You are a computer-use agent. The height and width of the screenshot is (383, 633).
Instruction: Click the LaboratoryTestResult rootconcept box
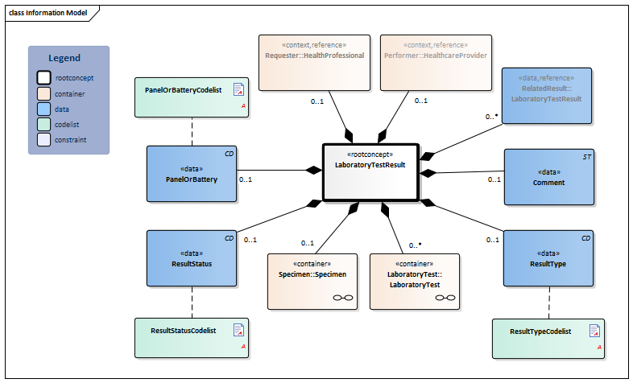[x=370, y=171]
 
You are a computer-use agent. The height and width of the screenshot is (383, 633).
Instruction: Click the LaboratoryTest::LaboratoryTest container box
[x=415, y=281]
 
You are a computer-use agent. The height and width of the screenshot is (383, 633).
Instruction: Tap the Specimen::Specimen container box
[x=311, y=281]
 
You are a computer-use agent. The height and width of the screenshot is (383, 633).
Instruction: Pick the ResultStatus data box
[x=192, y=257]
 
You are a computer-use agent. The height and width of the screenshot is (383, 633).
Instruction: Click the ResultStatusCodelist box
[x=192, y=336]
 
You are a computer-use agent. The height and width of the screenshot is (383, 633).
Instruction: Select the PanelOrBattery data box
[x=192, y=173]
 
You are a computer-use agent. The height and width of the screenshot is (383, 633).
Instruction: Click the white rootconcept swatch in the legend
[x=43, y=78]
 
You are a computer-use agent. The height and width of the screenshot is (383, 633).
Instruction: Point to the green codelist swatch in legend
[x=43, y=124]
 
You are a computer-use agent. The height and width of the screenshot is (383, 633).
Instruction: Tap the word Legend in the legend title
[x=64, y=58]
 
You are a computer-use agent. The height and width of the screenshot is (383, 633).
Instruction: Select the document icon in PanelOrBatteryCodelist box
[x=238, y=88]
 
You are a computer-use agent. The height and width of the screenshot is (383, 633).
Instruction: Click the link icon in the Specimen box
[x=343, y=298]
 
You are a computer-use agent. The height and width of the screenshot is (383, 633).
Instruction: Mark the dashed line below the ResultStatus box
[x=192, y=302]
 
